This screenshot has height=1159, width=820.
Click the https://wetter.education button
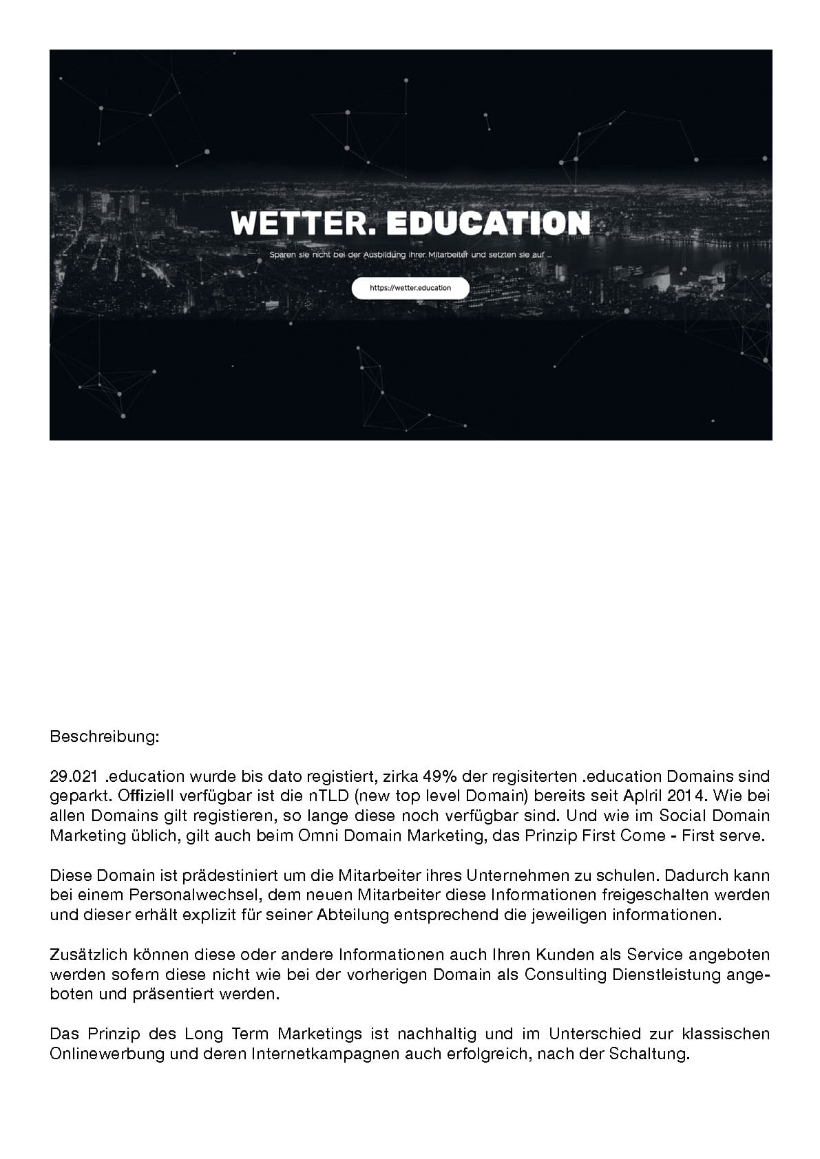click(x=410, y=288)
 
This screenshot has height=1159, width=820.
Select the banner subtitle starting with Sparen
click(x=410, y=256)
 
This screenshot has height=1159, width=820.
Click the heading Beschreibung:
click(x=104, y=736)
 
